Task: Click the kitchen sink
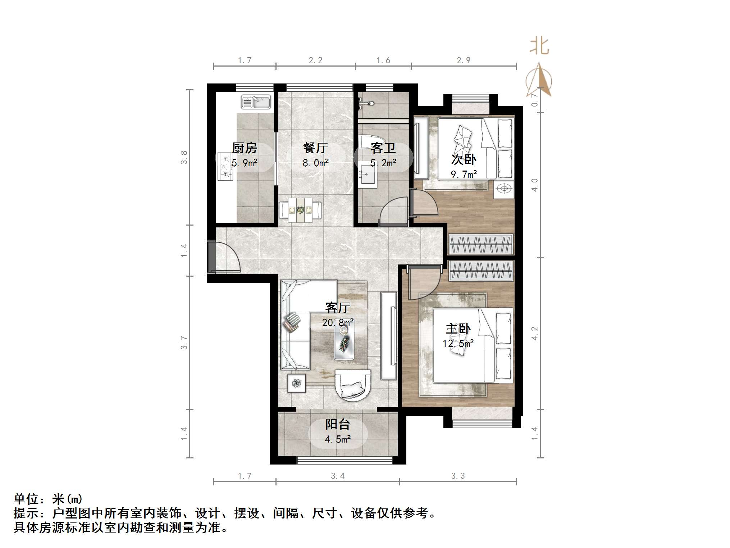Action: [x=256, y=102]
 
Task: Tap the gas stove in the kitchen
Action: [x=225, y=167]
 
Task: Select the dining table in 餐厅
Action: [x=301, y=209]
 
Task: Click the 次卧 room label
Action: [x=464, y=159]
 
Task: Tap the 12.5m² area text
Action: [x=458, y=343]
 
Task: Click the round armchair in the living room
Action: [x=352, y=384]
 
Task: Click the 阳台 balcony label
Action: [x=337, y=424]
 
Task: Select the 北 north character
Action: [x=539, y=46]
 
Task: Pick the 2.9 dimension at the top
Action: [x=464, y=60]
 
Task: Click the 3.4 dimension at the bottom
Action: [x=337, y=476]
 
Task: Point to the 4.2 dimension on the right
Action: [x=535, y=333]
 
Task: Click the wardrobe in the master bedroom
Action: [x=481, y=270]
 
